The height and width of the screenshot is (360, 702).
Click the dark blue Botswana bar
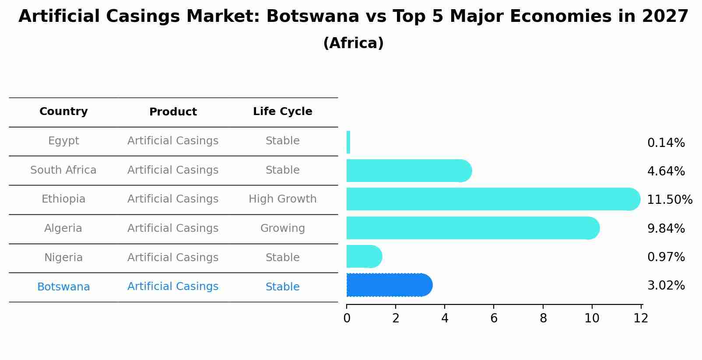coord(389,285)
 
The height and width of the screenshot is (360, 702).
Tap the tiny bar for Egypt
coord(348,142)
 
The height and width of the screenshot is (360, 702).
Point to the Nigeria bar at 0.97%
coord(363,257)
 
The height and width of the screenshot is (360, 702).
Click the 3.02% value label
coord(666,286)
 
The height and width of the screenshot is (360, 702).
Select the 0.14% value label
coord(666,143)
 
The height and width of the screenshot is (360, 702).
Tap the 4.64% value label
coord(666,171)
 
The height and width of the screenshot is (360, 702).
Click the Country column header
coord(63,112)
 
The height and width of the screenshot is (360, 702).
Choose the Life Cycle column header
coord(282,112)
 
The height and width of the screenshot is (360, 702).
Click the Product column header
coord(173,112)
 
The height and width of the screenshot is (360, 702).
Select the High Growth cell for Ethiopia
coord(282,199)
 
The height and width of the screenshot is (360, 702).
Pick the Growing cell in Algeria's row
coord(282,228)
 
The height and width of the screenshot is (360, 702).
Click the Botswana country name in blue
coord(63,287)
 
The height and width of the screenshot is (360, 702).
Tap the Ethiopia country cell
coord(63,199)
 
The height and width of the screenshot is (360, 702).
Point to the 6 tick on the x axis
coord(494,318)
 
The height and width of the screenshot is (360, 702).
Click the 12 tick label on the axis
coord(641,318)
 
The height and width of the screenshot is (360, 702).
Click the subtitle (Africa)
coord(353,43)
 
